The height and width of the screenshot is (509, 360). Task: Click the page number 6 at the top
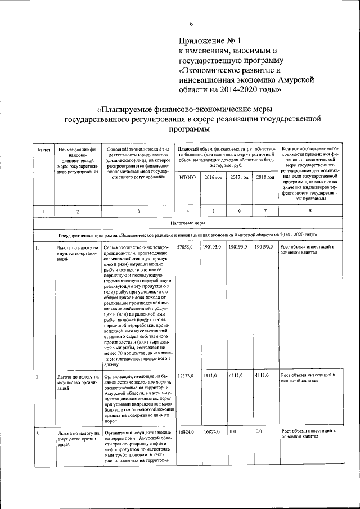(191, 23)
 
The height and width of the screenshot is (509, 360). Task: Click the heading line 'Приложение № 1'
(209, 41)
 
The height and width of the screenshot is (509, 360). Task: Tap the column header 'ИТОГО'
(187, 178)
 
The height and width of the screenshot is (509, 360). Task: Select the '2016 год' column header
(213, 178)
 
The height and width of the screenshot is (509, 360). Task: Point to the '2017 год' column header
(239, 178)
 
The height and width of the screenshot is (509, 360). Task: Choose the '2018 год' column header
(265, 178)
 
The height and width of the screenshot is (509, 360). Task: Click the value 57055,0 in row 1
(185, 247)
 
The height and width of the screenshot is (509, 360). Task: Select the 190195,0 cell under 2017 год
(238, 247)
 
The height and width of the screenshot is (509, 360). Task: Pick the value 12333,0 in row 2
(185, 375)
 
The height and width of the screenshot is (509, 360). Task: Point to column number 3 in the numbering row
(138, 211)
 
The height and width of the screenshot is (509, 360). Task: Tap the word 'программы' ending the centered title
(192, 129)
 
